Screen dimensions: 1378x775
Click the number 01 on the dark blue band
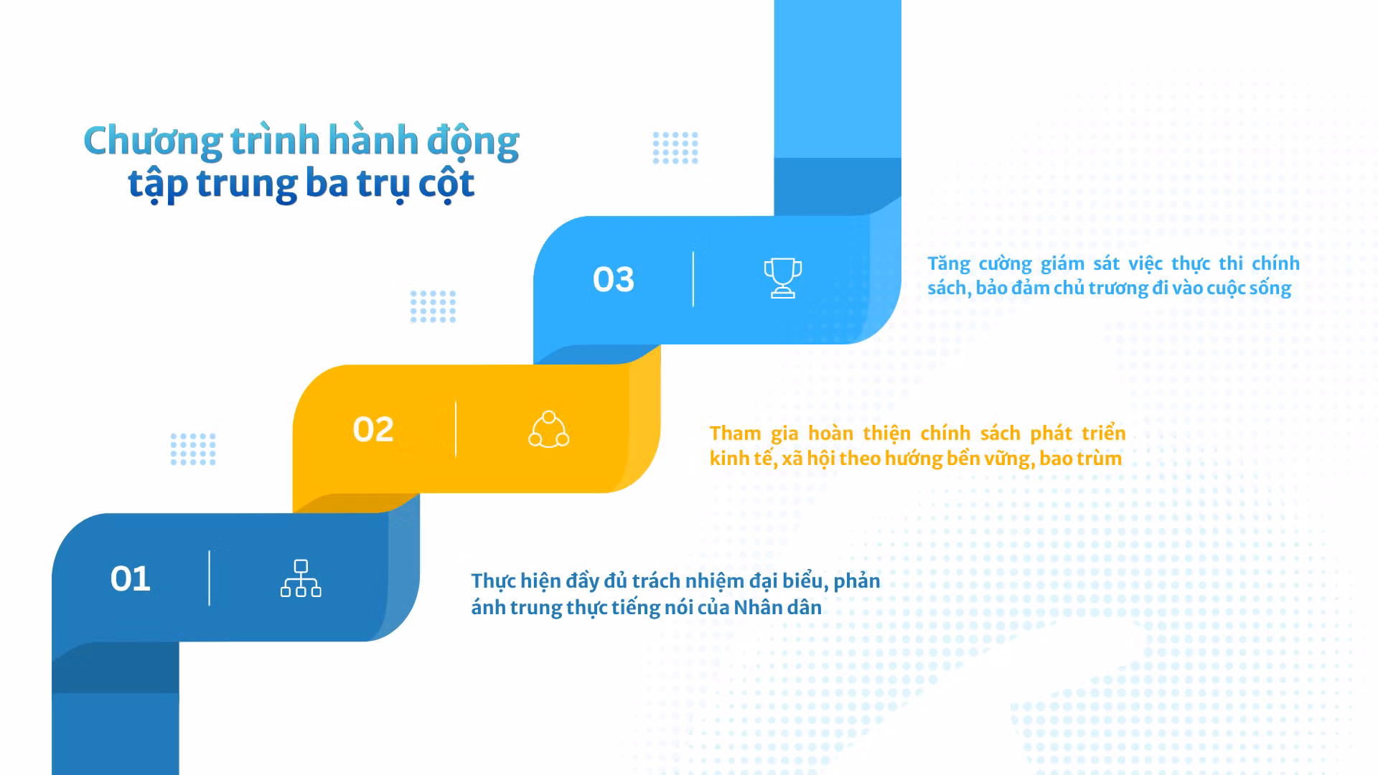click(x=130, y=578)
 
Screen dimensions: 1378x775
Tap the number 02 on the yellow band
click(x=373, y=429)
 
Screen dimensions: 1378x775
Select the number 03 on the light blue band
click(x=614, y=279)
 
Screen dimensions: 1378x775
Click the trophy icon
click(x=782, y=278)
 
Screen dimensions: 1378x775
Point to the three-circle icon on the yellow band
click(x=549, y=429)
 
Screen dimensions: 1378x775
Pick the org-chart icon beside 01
click(x=301, y=578)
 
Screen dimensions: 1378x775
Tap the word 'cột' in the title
click(x=446, y=184)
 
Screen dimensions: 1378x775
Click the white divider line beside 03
click(x=693, y=279)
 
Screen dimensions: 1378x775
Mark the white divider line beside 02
click(x=456, y=429)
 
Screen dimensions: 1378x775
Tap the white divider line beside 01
click(x=210, y=578)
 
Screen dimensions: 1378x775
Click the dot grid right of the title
click(x=675, y=148)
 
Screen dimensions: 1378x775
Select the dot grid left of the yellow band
click(x=193, y=449)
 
